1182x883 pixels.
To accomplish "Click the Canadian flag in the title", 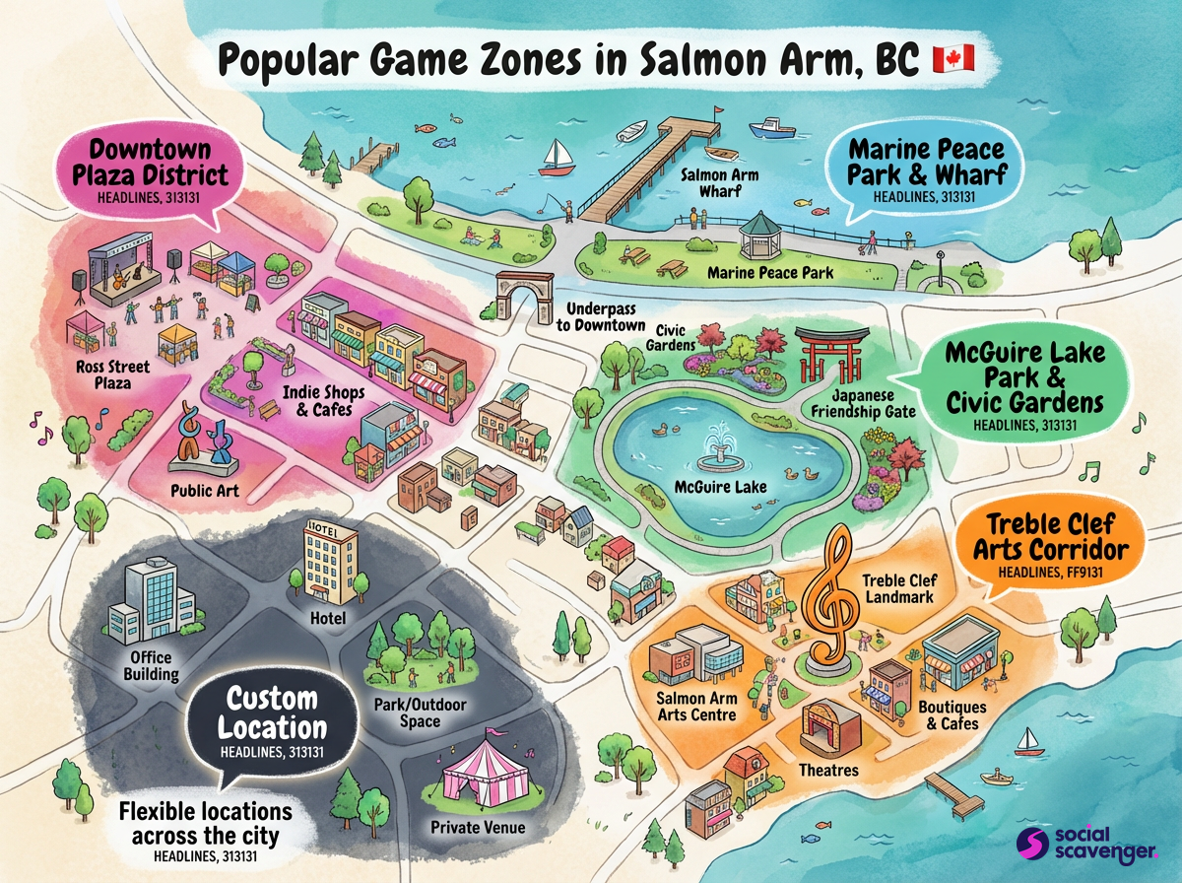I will pyautogui.click(x=952, y=58).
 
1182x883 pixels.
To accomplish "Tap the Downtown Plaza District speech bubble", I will pyautogui.click(x=151, y=170).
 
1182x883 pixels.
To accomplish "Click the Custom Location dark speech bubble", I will pyautogui.click(x=272, y=723).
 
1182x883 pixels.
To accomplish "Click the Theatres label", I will pyautogui.click(x=828, y=770).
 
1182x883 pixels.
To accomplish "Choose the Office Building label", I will pyautogui.click(x=151, y=665).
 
